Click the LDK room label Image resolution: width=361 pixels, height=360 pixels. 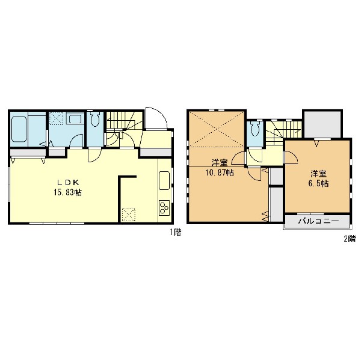68,183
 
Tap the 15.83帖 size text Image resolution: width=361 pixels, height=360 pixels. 67,192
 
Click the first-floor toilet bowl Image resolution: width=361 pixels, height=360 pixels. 95,120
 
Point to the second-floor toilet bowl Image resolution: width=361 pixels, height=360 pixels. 255,129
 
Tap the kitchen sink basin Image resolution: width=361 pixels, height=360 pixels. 164,180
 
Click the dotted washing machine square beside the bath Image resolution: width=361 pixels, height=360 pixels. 57,118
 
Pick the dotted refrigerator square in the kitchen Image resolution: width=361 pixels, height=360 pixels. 129,215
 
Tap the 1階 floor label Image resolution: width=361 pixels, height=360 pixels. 176,233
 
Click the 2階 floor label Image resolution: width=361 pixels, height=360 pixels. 350,239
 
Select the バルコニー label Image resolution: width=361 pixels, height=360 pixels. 319,221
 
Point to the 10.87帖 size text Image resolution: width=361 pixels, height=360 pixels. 220,172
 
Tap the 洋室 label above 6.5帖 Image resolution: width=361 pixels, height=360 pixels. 319,174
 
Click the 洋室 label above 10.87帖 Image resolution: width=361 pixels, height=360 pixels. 220,163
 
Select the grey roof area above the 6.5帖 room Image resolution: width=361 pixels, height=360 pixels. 322,124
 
